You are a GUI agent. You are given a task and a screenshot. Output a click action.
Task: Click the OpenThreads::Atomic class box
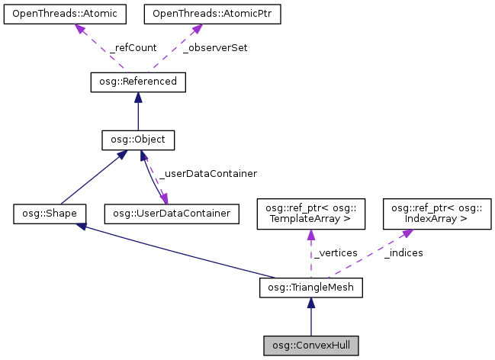(x=53, y=14)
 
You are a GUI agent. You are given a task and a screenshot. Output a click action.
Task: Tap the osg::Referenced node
(x=137, y=81)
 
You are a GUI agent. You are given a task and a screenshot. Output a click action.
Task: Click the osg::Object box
(x=137, y=140)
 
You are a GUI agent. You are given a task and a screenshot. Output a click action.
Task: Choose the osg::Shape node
(x=49, y=214)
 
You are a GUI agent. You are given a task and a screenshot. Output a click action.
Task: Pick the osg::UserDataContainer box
(x=172, y=214)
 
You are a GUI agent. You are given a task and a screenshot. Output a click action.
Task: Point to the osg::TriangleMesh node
(x=310, y=288)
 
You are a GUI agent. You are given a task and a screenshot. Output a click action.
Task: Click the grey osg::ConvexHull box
(x=310, y=345)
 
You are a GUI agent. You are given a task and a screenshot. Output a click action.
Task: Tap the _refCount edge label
(x=133, y=47)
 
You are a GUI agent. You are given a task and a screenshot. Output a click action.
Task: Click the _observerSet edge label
(x=216, y=47)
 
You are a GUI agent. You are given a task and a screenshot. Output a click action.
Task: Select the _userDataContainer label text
(x=207, y=173)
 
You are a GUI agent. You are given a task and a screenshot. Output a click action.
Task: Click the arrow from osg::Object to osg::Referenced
(x=137, y=111)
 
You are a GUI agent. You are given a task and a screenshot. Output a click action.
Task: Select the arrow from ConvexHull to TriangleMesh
(x=310, y=317)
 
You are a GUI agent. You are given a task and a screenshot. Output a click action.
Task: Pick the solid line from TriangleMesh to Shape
(x=175, y=251)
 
